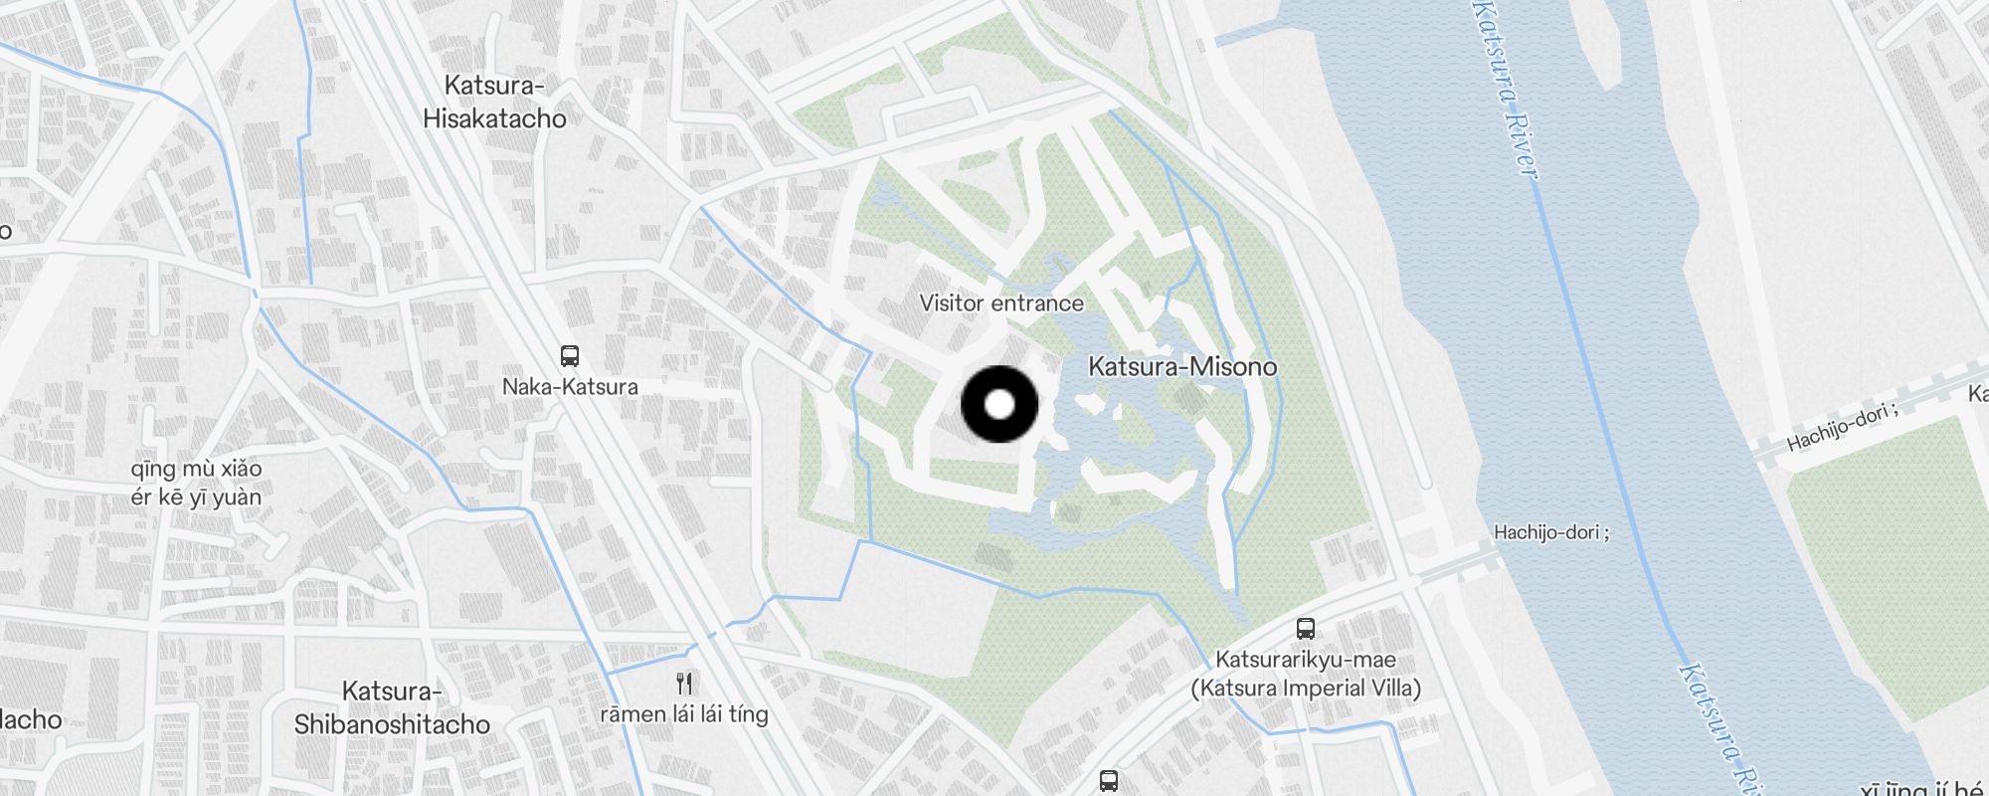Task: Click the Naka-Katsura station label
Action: (x=570, y=387)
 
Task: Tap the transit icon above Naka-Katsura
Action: (x=570, y=355)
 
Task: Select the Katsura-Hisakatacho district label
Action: (x=494, y=102)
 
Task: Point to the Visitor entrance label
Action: (x=1001, y=303)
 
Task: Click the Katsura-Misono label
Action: (x=1182, y=367)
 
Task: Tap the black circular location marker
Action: (x=999, y=404)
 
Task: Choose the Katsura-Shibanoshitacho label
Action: (x=392, y=707)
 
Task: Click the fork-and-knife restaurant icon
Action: (x=684, y=683)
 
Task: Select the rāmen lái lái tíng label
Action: (x=684, y=714)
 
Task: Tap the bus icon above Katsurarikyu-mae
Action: (x=1306, y=629)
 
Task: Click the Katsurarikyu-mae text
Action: (x=1306, y=660)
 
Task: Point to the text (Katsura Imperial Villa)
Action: (x=1306, y=689)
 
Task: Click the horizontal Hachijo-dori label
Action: (x=1550, y=532)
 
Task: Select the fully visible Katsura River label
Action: (x=1507, y=90)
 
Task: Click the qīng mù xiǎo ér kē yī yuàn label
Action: (x=196, y=483)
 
